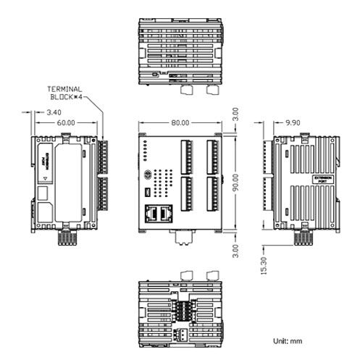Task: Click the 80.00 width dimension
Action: [x=180, y=123]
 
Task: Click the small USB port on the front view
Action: [x=146, y=193]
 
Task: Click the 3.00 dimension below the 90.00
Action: [x=235, y=248]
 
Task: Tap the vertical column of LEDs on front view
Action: [x=144, y=150]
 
